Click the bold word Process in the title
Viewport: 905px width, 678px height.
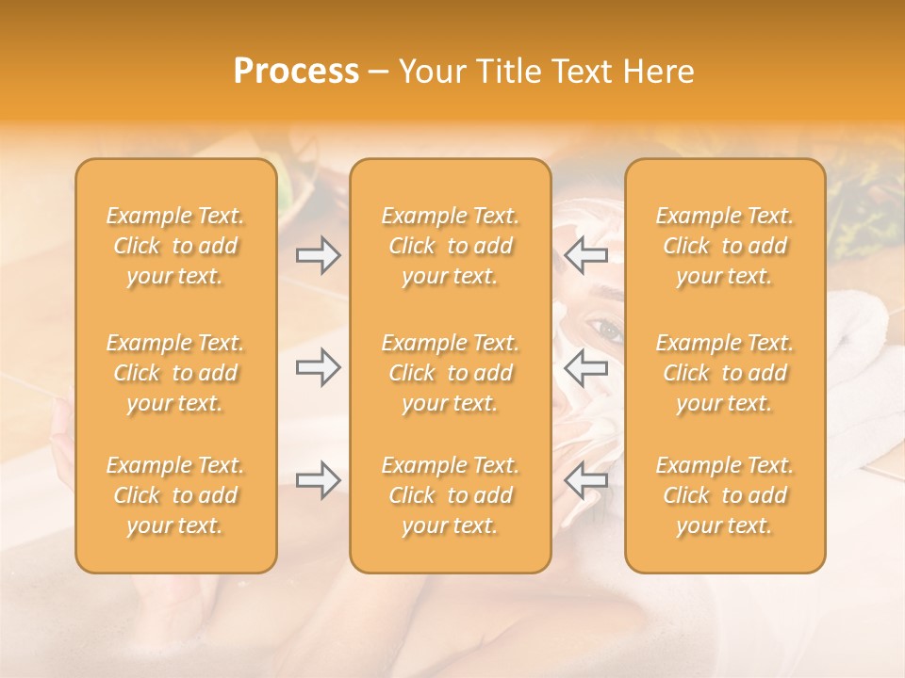[x=296, y=72]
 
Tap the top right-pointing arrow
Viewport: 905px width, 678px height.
[x=318, y=255]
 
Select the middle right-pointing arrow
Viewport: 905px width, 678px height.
[x=318, y=367]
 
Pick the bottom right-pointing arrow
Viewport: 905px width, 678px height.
[x=318, y=481]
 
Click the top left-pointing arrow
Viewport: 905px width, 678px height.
[x=585, y=255]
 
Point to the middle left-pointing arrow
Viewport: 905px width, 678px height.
[x=585, y=367]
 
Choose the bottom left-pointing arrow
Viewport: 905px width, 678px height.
[x=585, y=481]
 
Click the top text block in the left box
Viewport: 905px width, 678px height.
[x=175, y=246]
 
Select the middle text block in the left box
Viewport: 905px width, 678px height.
[x=175, y=373]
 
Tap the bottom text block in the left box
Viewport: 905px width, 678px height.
[x=175, y=495]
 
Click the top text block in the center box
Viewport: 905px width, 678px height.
[x=450, y=246]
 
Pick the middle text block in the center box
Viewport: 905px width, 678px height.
[x=450, y=373]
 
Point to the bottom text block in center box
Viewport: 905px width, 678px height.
[x=450, y=495]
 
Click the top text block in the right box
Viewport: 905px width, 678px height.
[x=725, y=246]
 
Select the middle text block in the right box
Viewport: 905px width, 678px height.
[x=725, y=373]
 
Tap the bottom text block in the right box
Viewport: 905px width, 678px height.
[x=725, y=495]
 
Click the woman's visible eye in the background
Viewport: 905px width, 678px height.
[x=606, y=331]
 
